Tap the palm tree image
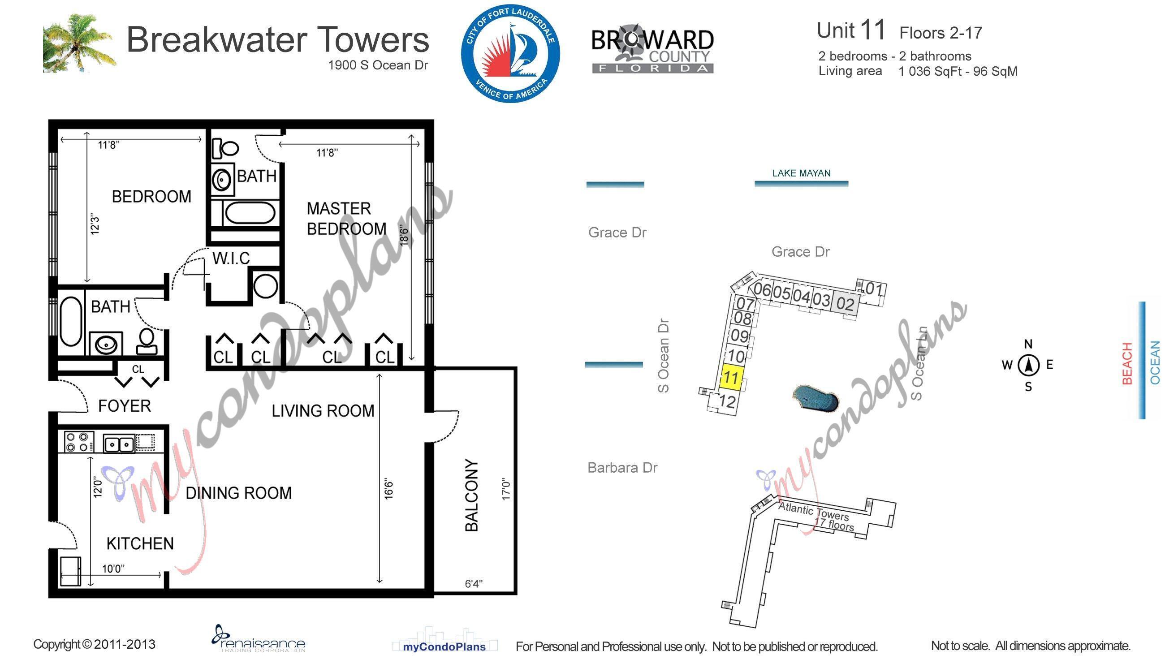click(x=78, y=44)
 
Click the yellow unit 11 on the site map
click(x=731, y=378)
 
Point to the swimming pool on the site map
click(x=815, y=398)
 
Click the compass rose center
click(x=1028, y=365)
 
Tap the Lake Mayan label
click(x=801, y=173)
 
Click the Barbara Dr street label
click(x=622, y=468)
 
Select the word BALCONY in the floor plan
click(x=472, y=495)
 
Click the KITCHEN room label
click(x=140, y=544)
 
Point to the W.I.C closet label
click(x=231, y=258)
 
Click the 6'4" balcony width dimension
click(x=474, y=584)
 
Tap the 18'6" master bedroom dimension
click(x=404, y=235)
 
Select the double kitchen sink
click(x=119, y=444)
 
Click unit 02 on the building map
click(x=845, y=304)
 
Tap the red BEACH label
click(x=1127, y=364)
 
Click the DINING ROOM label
click(x=239, y=493)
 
